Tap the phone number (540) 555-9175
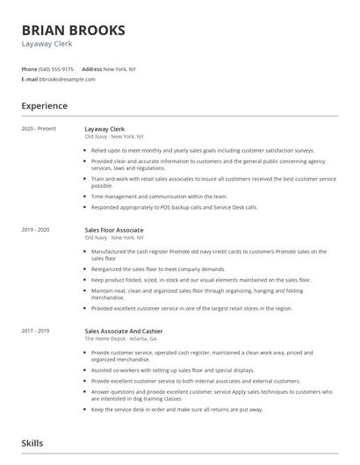[x=57, y=68]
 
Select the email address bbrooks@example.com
[x=68, y=79]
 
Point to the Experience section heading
[x=45, y=105]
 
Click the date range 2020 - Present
[x=39, y=128]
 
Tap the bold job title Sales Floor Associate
[x=114, y=230]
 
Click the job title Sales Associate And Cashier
[x=125, y=331]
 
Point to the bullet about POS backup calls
[x=174, y=208]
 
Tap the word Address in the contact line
[x=91, y=68]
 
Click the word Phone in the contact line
[x=29, y=68]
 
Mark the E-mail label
[x=29, y=79]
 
